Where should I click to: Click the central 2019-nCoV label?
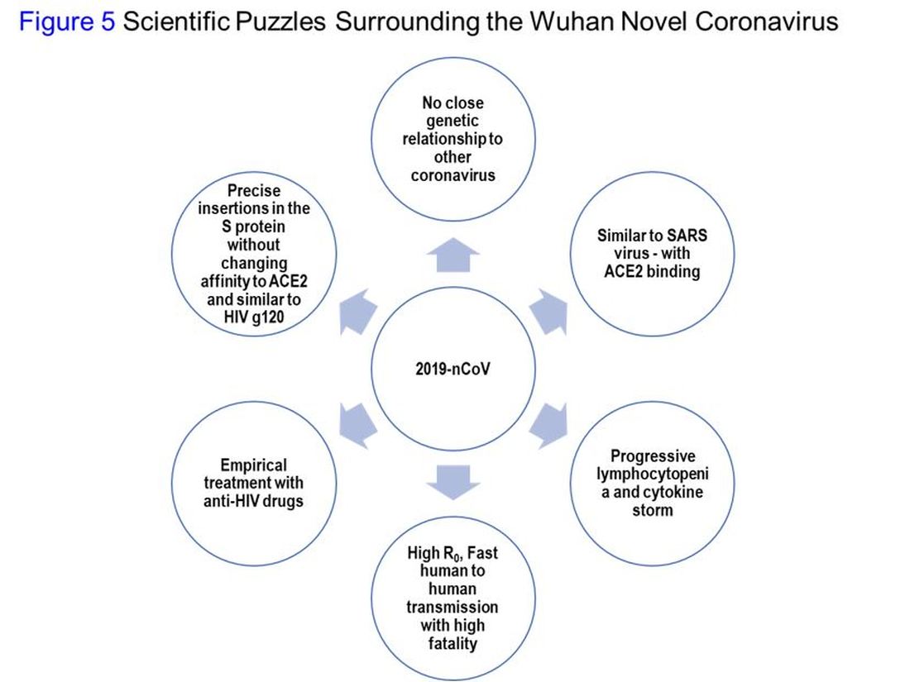click(x=453, y=368)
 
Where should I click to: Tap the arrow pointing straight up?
click(x=453, y=257)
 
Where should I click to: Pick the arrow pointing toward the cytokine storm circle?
click(x=548, y=423)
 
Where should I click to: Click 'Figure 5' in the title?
click(x=67, y=22)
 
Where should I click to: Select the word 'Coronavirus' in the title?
click(x=767, y=22)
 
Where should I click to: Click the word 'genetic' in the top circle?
click(x=453, y=121)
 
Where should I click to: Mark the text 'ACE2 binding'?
click(x=653, y=272)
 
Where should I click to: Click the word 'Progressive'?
click(x=653, y=456)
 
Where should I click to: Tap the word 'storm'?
click(x=653, y=509)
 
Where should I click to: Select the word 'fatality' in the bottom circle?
click(x=453, y=642)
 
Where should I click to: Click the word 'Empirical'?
click(x=253, y=465)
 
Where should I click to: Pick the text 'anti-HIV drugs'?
click(x=253, y=501)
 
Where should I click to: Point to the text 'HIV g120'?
click(x=253, y=317)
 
